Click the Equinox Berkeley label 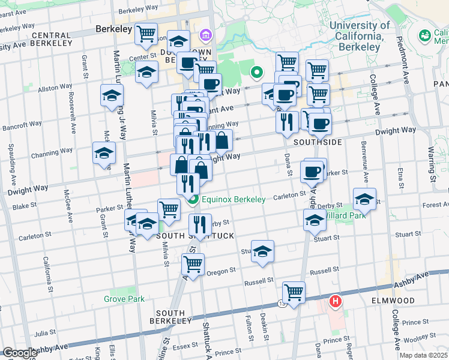point(234,199)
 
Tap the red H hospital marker point(336,301)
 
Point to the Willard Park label point(343,214)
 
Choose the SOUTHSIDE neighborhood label point(318,142)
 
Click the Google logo point(19,353)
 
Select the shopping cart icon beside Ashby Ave point(294,293)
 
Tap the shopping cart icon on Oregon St point(193,263)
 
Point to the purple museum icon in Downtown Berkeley point(206,35)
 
